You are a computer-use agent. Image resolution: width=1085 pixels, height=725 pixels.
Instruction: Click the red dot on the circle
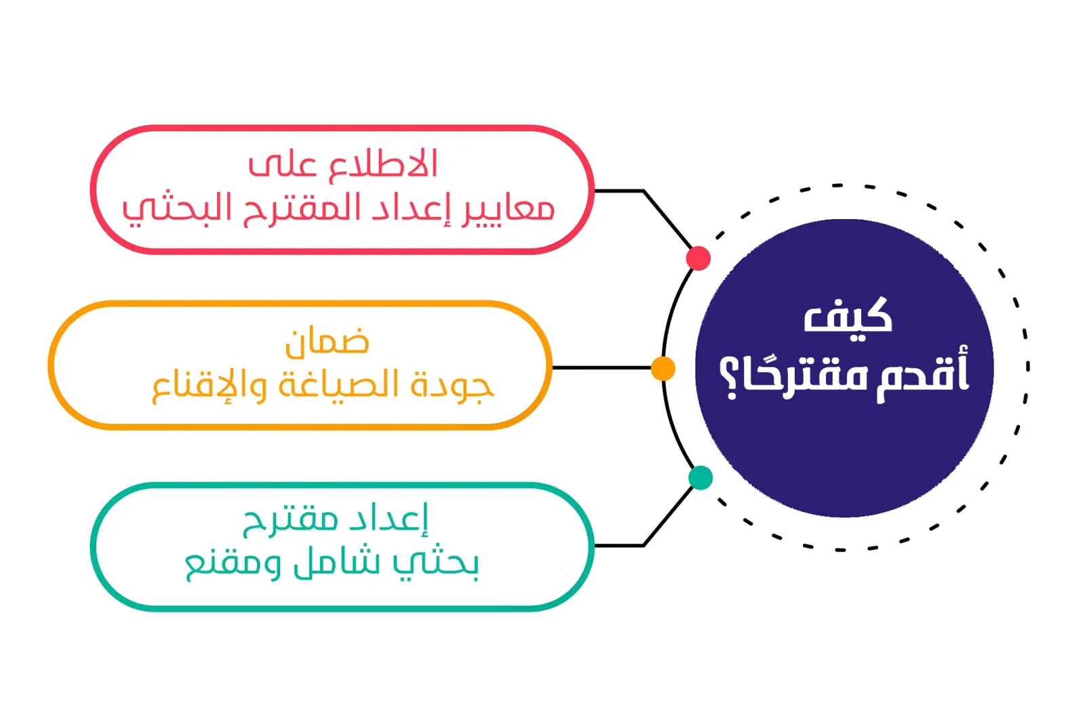(698, 258)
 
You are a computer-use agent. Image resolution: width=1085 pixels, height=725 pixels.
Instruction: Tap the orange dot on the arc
(663, 368)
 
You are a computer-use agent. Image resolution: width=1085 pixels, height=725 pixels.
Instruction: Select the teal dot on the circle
(701, 477)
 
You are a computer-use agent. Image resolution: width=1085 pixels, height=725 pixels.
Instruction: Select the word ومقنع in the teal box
(233, 565)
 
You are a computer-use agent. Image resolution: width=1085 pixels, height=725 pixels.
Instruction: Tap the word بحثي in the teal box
(436, 564)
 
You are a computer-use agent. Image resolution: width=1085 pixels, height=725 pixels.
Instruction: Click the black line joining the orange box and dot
(601, 368)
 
